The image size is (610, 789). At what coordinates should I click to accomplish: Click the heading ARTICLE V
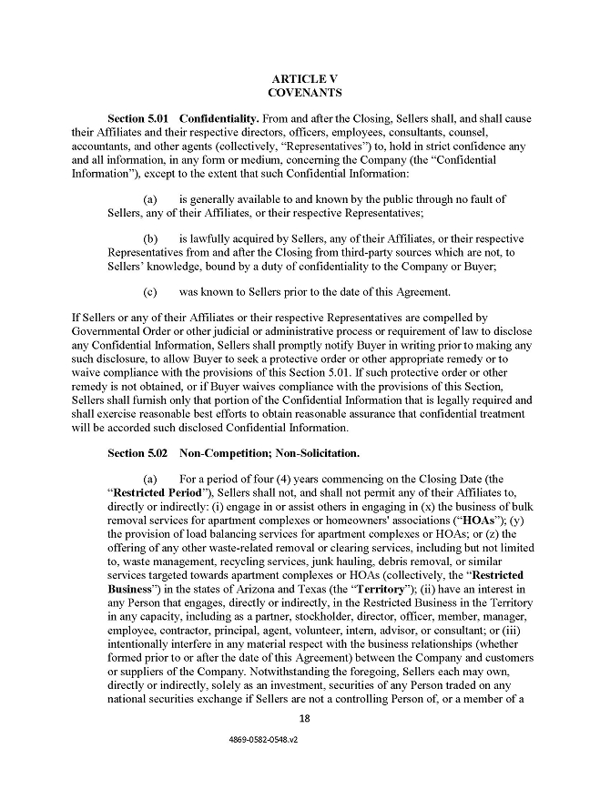[305, 78]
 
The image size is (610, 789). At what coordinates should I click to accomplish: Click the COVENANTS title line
[305, 93]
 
